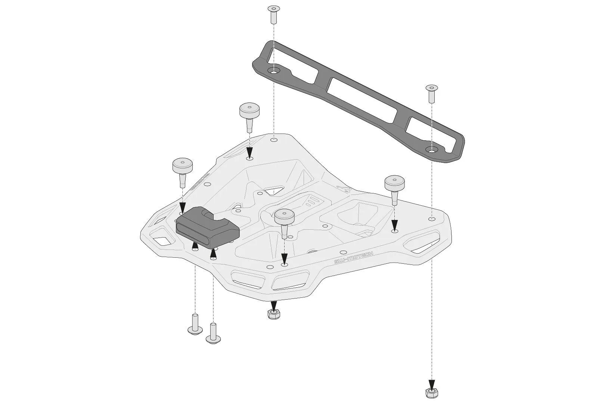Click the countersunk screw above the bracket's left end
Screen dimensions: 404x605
click(x=274, y=14)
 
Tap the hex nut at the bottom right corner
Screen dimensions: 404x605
click(x=431, y=391)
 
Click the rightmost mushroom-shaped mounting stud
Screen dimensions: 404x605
click(x=395, y=189)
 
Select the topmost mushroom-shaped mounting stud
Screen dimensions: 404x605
click(x=249, y=116)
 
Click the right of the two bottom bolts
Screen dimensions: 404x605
click(x=213, y=333)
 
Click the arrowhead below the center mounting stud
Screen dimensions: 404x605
click(x=284, y=258)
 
